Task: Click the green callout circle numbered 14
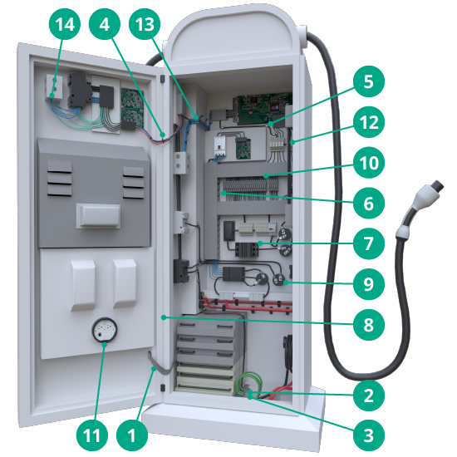pos(65,24)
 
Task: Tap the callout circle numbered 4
pos(105,24)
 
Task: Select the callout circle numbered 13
pos(145,24)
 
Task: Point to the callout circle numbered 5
pos(369,81)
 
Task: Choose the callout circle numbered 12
pos(369,122)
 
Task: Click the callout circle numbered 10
pos(369,162)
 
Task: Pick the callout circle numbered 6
pos(369,203)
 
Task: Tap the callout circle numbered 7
pos(369,243)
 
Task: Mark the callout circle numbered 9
pos(369,284)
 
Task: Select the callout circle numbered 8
pos(369,324)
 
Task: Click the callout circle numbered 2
pos(369,396)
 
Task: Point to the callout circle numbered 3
pos(369,435)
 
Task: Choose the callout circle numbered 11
pos(92,435)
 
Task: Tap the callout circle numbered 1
pos(132,435)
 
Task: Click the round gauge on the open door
pos(105,330)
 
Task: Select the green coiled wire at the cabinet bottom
pos(250,382)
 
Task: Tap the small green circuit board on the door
pos(133,108)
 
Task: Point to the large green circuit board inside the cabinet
pos(263,109)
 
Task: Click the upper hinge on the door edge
pos(162,79)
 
